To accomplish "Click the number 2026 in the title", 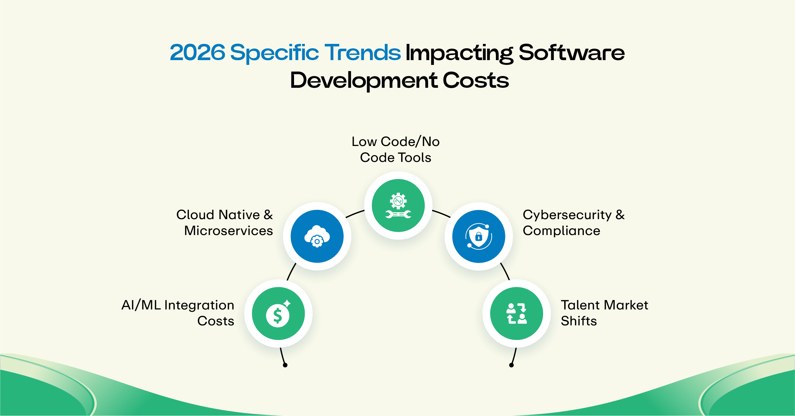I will point(197,52).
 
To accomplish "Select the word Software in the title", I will point(572,52).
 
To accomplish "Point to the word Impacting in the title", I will point(459,53).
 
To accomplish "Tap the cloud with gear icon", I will point(317,236).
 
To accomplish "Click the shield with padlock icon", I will point(479,237).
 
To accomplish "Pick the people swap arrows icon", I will point(517,314).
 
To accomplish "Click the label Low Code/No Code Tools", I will point(396,149).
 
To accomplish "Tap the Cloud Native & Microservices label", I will point(225,223).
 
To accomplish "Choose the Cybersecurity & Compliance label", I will point(573,223).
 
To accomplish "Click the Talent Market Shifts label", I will point(604,313).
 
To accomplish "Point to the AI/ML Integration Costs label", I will point(178,313).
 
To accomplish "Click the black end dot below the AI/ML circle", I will point(285,365).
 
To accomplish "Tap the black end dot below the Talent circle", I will point(511,365).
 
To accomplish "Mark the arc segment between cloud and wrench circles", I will point(355,214).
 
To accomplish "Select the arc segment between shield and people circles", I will point(505,271).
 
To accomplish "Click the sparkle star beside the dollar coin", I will point(287,303).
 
